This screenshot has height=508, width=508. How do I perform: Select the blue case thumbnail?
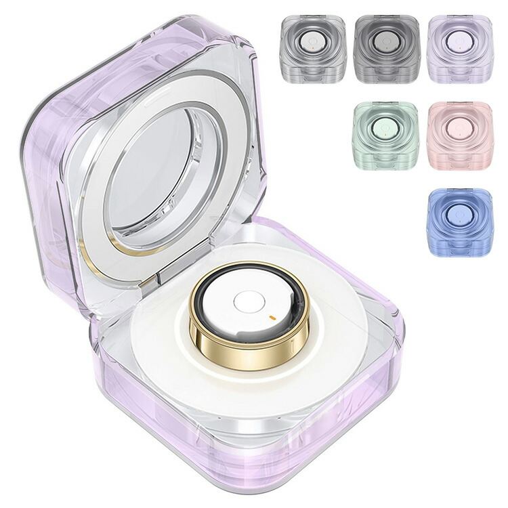pyautogui.click(x=460, y=221)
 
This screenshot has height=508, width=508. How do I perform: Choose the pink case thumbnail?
pyautogui.click(x=460, y=135)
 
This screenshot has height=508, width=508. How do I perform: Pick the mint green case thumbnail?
pyautogui.click(x=385, y=135)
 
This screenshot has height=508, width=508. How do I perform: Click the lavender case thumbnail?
pyautogui.click(x=460, y=48)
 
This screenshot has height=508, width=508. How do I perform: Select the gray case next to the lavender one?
pyautogui.click(x=385, y=48)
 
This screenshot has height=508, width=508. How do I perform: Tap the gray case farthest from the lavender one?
pyautogui.click(x=312, y=48)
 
